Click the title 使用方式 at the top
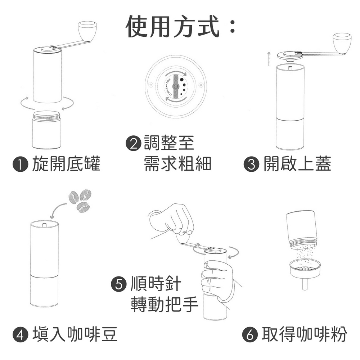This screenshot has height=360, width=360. [173, 26]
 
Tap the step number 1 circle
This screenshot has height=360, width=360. [20, 165]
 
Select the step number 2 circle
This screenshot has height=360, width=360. [134, 144]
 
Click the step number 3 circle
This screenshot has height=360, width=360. [251, 165]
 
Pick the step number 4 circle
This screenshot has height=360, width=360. [20, 334]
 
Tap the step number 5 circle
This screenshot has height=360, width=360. [119, 284]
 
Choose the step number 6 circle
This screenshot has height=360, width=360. [250, 334]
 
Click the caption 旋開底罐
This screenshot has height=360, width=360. [66, 164]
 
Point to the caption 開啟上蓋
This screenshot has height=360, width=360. [297, 164]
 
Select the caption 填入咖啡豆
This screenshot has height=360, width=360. [75, 334]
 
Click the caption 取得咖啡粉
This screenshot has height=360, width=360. [305, 334]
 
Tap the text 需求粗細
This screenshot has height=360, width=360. [177, 164]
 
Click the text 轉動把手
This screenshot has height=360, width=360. [165, 304]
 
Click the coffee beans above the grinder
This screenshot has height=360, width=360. [80, 201]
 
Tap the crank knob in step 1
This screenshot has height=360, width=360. [87, 31]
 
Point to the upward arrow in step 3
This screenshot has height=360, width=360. [269, 59]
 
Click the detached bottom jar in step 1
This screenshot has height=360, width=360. [46, 130]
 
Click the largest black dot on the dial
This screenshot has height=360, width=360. [182, 80]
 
